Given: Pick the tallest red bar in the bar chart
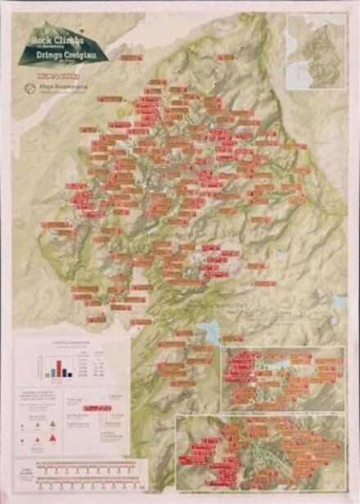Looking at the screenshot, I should coord(58,366).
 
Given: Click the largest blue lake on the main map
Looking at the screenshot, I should coord(209,330).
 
